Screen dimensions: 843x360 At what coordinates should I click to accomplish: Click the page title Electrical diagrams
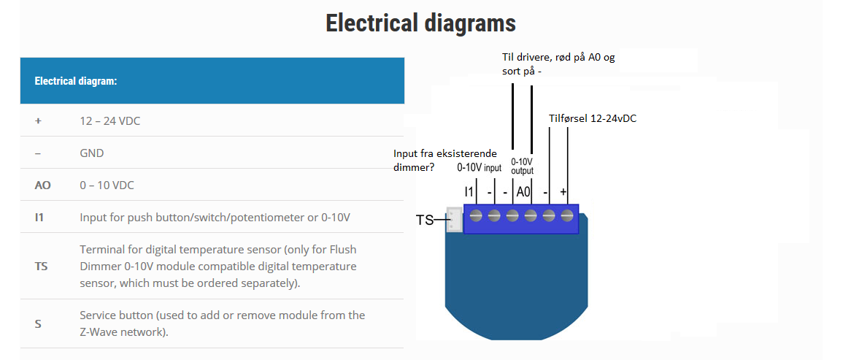420,23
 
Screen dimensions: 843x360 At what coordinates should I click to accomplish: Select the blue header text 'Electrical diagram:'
76,81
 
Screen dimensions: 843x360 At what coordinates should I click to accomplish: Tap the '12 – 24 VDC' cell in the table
109,121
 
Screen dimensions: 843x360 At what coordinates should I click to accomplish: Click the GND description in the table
91,153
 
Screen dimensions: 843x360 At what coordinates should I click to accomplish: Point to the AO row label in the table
42,185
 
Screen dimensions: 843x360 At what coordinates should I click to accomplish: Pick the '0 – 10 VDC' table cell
107,185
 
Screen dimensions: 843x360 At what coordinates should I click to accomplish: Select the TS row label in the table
41,266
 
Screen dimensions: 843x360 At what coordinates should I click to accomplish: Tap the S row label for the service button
38,324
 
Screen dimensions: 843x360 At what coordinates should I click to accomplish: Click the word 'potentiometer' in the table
261,218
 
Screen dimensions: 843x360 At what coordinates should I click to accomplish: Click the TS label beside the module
425,220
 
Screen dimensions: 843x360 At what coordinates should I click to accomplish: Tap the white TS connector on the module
454,220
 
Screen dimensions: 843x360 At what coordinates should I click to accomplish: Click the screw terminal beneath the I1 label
476,216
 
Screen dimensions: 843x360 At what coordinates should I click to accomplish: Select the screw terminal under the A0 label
531,216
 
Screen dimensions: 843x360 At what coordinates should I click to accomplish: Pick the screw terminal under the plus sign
567,216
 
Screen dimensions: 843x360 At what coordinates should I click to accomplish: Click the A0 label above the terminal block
523,191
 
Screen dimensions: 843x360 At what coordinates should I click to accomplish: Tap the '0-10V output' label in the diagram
522,166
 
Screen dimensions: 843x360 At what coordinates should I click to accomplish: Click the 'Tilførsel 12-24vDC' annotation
593,119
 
